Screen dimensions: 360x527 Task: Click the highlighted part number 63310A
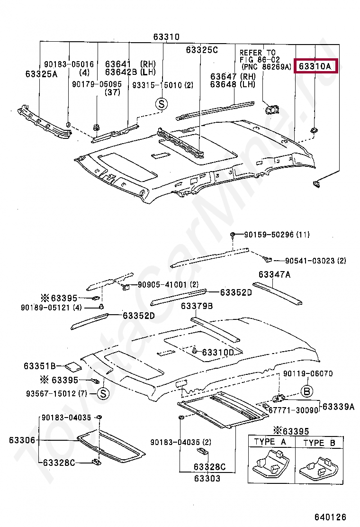tap(315, 66)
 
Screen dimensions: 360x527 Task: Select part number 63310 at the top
tap(166, 36)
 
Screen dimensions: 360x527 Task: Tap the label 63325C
tap(202, 50)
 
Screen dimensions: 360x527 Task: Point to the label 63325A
tap(41, 74)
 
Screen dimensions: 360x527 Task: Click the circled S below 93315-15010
tap(162, 104)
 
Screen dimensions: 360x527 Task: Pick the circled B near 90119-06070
tap(306, 391)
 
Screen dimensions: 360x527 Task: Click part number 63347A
tap(274, 274)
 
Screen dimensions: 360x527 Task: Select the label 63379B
tap(197, 306)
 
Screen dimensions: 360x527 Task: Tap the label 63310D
tap(218, 352)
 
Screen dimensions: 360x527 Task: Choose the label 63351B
tap(40, 366)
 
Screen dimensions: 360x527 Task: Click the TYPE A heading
tap(270, 442)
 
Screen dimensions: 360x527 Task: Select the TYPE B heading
tap(319, 443)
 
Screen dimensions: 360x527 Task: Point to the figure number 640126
tap(330, 517)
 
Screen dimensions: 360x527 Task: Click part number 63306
tap(22, 440)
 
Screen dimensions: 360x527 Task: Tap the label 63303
tap(207, 478)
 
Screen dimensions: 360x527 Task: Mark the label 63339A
tap(339, 407)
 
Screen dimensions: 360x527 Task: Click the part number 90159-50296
tap(268, 235)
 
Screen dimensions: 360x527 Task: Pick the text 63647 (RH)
tap(233, 76)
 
